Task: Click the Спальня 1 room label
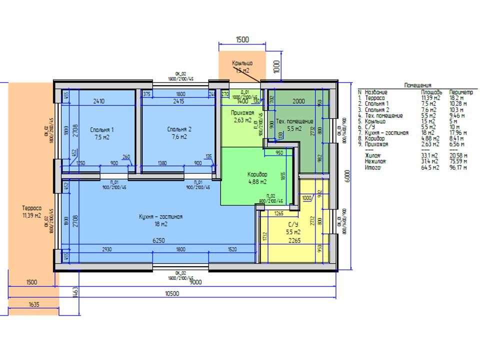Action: click(98, 129)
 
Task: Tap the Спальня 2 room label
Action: click(179, 129)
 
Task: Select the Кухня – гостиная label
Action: click(160, 217)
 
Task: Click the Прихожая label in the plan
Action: click(242, 112)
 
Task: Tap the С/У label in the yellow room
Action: click(292, 225)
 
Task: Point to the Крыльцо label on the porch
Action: click(242, 63)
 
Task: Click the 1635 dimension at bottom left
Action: click(34, 304)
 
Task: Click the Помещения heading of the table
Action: click(417, 85)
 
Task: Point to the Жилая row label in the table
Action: click(373, 155)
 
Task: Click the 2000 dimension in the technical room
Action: click(298, 101)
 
